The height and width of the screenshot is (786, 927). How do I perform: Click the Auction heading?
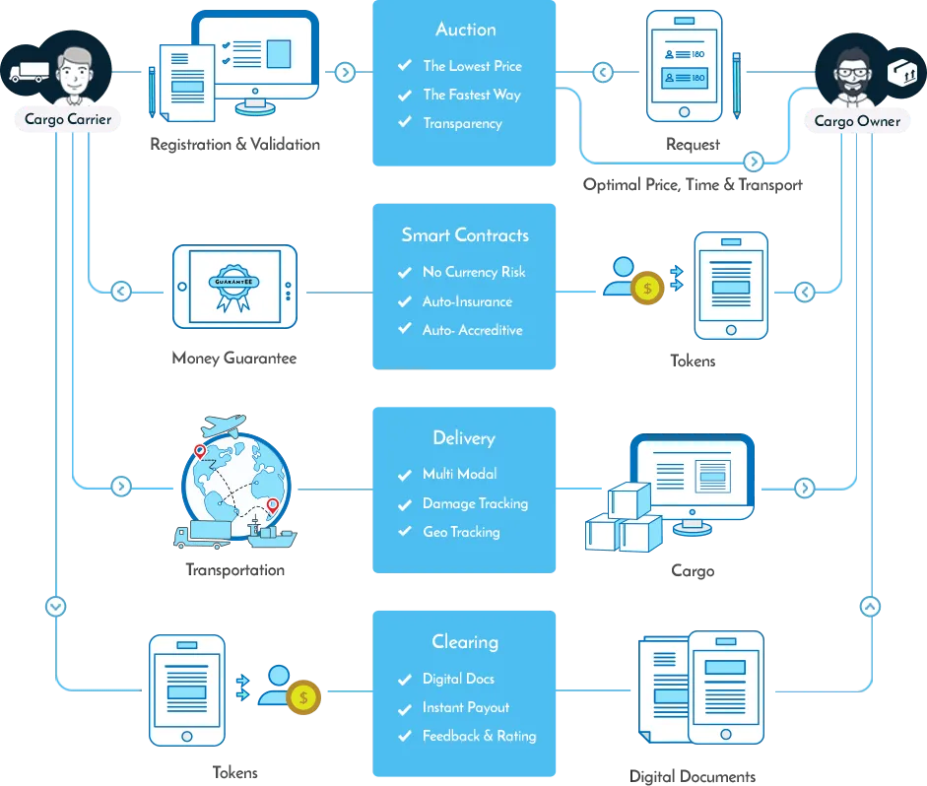(x=466, y=30)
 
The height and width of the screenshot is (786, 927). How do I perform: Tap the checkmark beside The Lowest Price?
(x=405, y=65)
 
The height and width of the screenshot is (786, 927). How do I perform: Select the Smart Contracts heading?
(x=465, y=235)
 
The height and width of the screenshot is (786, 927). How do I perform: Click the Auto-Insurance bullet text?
(x=467, y=301)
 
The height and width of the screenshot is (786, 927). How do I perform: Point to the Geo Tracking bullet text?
(x=461, y=532)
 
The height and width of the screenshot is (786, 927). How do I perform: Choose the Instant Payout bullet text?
(x=466, y=707)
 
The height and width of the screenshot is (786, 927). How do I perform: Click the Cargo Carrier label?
(x=68, y=119)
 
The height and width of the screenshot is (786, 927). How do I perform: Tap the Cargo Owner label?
(x=857, y=121)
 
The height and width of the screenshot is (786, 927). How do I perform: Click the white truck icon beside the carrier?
(x=27, y=72)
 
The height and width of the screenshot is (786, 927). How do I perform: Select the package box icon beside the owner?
(x=902, y=72)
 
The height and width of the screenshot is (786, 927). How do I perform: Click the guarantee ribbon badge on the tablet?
(x=233, y=288)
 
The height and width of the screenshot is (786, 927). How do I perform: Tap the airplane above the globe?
(x=223, y=425)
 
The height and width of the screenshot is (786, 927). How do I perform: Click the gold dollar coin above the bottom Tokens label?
(x=303, y=697)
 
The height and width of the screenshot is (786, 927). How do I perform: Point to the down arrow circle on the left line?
(x=55, y=607)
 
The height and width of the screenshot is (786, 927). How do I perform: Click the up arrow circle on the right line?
(x=870, y=607)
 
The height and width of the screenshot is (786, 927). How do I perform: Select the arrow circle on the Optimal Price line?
(x=754, y=162)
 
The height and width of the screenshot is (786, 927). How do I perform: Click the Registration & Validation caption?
(x=234, y=145)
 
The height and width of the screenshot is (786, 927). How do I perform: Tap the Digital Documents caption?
(x=693, y=776)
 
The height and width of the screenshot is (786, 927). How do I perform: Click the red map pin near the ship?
(x=273, y=505)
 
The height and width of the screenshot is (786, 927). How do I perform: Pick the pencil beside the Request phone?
(x=736, y=86)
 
